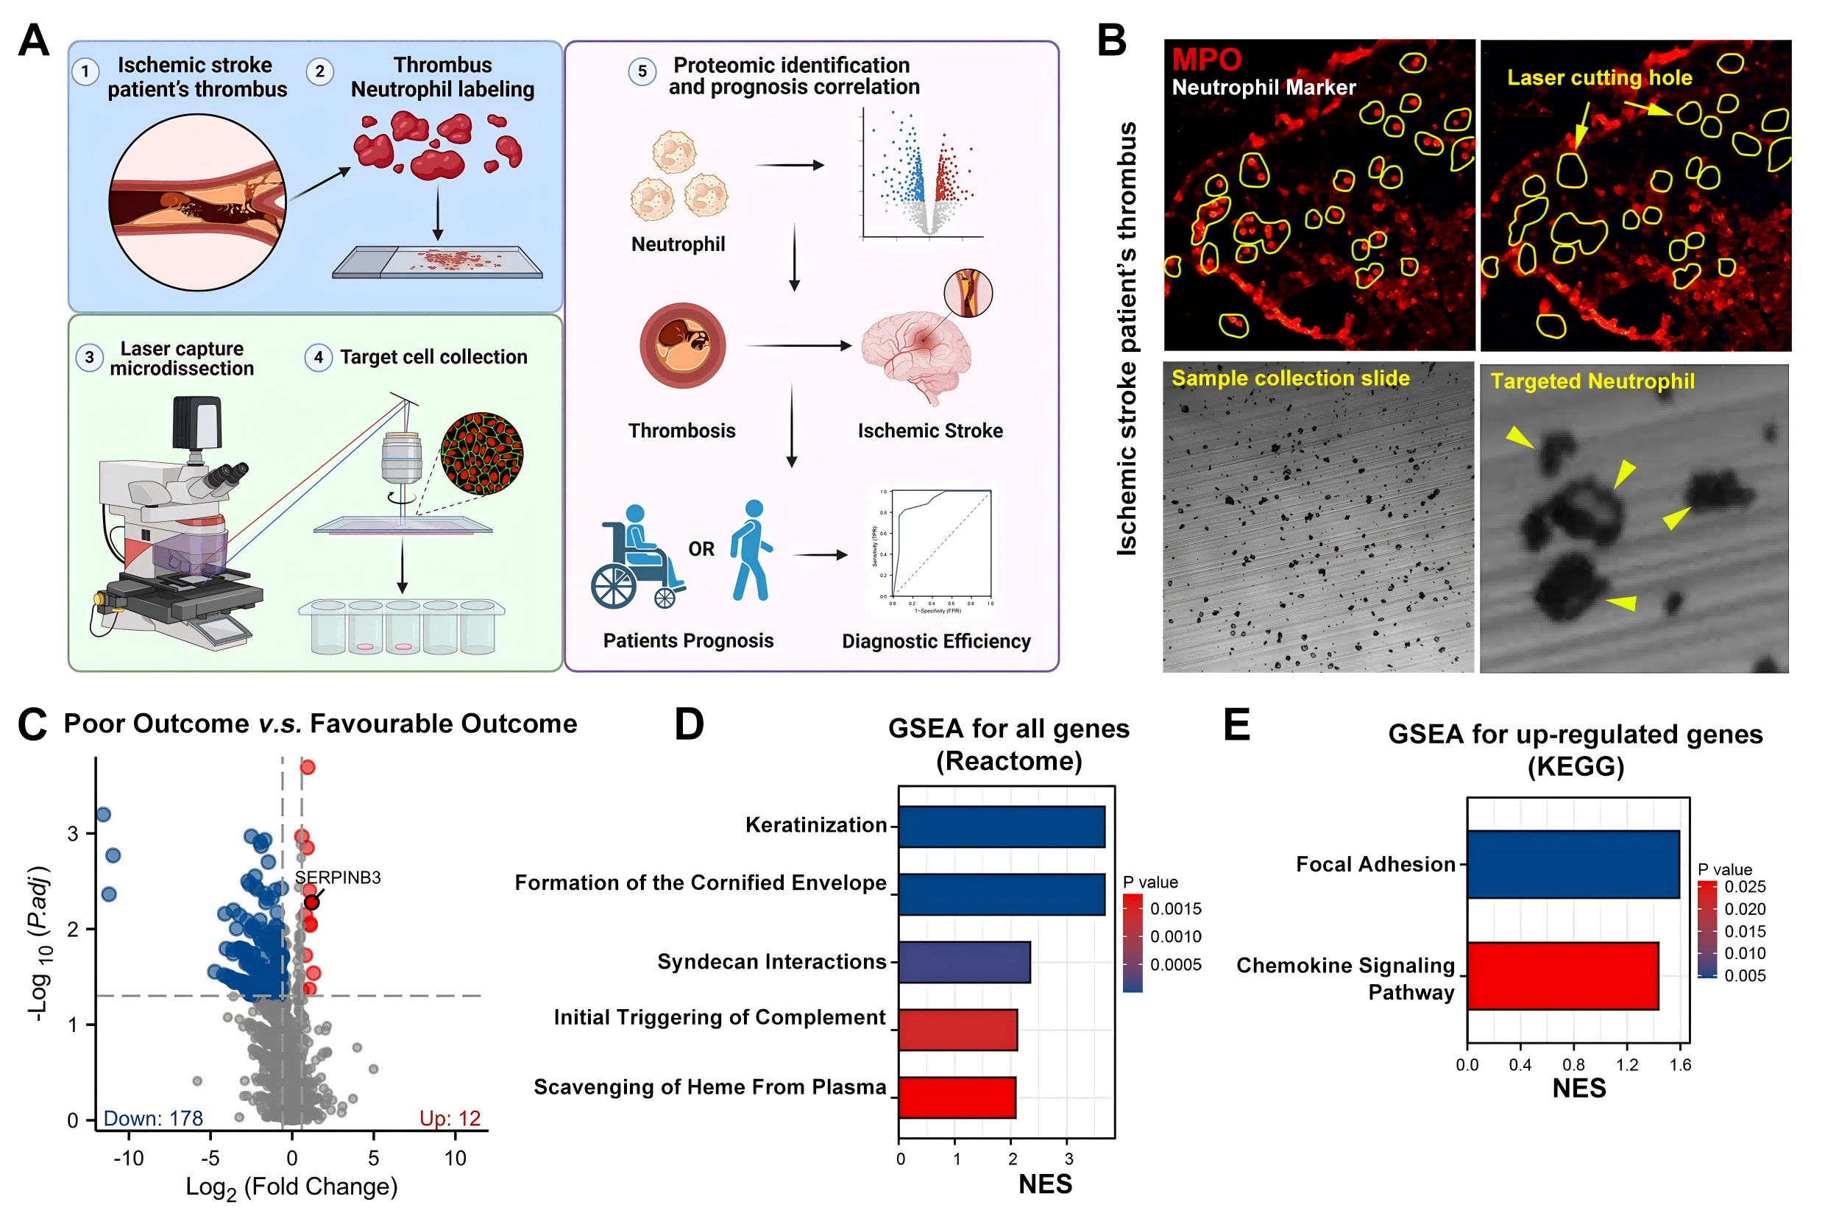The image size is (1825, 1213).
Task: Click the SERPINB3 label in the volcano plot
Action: coord(337,877)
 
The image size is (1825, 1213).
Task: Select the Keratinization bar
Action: coord(1001,826)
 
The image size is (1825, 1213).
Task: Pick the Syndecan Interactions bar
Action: coord(963,961)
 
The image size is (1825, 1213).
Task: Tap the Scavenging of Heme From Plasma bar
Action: coord(957,1097)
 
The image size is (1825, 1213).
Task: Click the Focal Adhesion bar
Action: coord(1572,864)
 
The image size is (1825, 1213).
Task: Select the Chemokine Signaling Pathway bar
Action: coord(1562,975)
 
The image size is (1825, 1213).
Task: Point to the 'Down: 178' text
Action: coord(153,1118)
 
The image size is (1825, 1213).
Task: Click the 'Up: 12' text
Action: coord(450,1118)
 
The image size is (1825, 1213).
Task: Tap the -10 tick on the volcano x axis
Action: coord(128,1158)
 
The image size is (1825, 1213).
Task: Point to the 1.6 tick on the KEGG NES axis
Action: coord(1679,1065)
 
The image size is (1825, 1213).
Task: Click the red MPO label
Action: coord(1205,59)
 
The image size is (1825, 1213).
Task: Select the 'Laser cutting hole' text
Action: coord(1599,77)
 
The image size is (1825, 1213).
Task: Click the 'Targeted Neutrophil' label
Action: coord(1592,381)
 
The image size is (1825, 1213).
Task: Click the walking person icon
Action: coord(751,551)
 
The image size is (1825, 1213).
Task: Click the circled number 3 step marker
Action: coord(89,358)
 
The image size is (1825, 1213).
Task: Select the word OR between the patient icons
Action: coord(701,549)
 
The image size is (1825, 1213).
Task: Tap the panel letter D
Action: coord(689,725)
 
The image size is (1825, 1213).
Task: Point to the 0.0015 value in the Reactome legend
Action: coord(1175,908)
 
